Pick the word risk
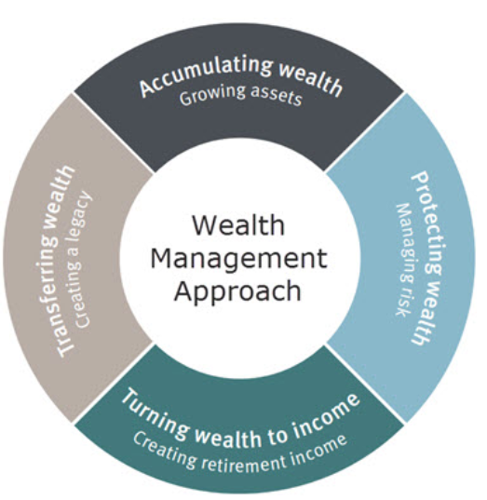pos(401,302)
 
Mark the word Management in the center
pos(238,259)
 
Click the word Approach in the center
pos(237,291)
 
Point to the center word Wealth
pos(238,225)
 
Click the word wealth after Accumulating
pos(310,79)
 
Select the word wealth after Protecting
pos(425,314)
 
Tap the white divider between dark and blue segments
pos(365,132)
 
